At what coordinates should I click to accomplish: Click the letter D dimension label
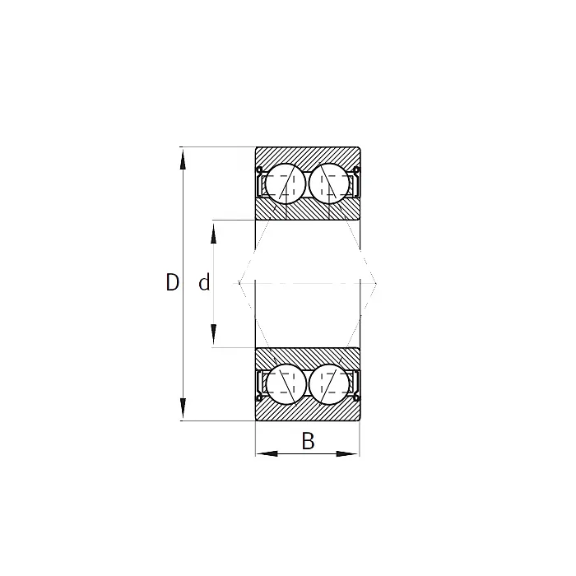[172, 283]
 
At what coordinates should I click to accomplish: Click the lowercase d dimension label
[204, 283]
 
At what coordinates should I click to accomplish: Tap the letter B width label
[308, 442]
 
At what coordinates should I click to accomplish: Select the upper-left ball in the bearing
[285, 182]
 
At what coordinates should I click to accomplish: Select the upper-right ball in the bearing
[329, 182]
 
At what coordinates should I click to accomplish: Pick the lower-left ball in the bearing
[285, 383]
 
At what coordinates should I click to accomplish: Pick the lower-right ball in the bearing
[329, 383]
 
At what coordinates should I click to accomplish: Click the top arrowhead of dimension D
[183, 156]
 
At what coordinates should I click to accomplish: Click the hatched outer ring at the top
[307, 155]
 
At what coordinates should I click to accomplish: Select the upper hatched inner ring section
[307, 210]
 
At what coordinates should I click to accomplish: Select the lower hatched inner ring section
[307, 355]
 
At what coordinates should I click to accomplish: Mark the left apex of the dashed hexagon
[239, 283]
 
